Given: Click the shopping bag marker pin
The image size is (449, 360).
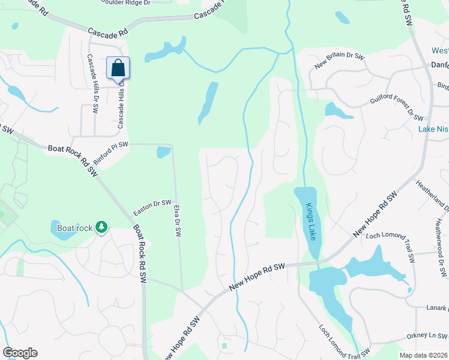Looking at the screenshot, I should pos(118,68).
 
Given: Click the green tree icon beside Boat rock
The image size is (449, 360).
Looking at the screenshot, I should pos(102,227).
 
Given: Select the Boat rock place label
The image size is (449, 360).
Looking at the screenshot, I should pos(74,227).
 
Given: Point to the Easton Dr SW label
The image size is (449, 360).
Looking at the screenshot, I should pos(152,208).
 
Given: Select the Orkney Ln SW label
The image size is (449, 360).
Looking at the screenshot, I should pos(426,336).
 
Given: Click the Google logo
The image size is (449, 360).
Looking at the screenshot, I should pos(20,353).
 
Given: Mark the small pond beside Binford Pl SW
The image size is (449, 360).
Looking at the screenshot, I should pos(163,152).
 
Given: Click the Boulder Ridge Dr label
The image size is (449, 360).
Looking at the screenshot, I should pos(124,2).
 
